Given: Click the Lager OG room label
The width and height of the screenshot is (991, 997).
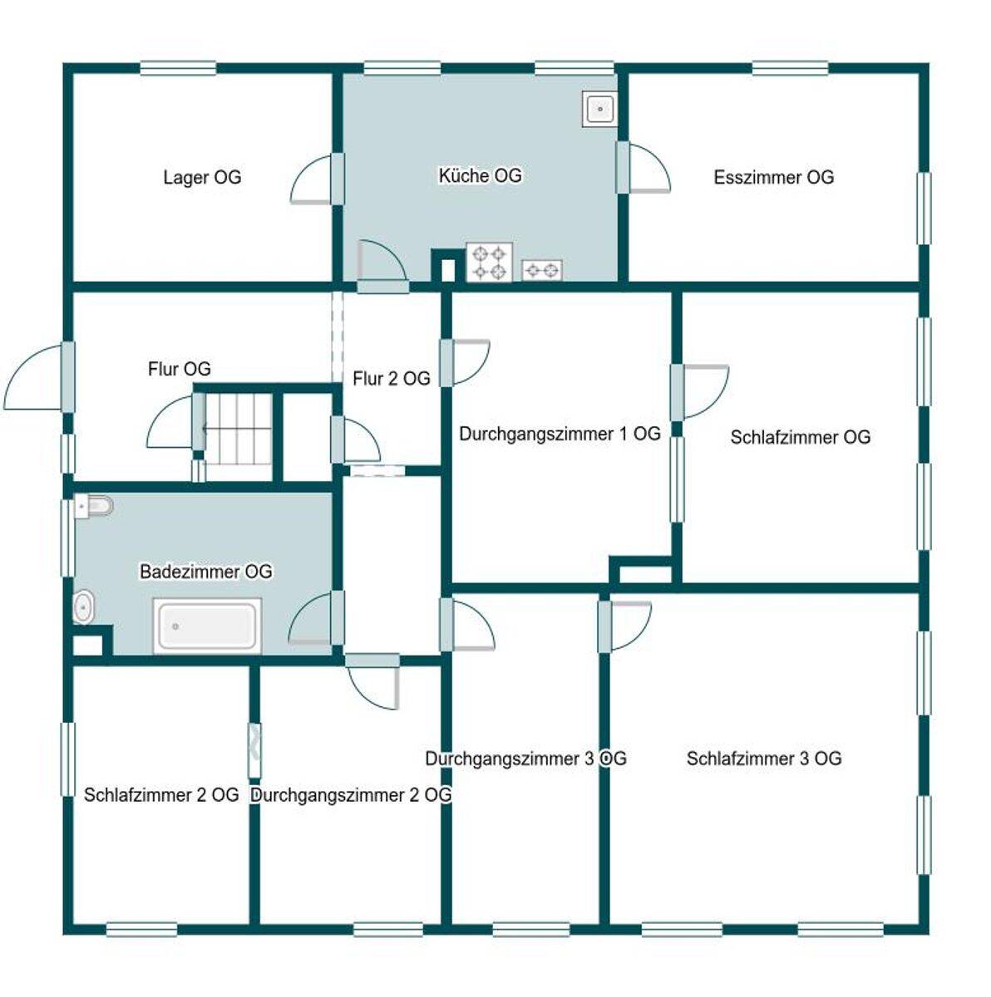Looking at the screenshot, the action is point(202,178).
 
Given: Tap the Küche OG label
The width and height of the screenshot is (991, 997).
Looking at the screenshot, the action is point(480,176).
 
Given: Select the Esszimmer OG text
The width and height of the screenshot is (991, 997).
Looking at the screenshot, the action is point(773,178).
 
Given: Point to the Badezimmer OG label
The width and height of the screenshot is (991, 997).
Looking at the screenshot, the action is point(205,572).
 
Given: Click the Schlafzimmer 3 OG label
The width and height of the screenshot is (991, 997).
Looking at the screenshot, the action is point(764,759).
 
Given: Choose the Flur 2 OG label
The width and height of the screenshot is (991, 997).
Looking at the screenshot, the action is point(391,379).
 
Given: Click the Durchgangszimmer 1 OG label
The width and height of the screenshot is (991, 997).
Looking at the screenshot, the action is point(560,434).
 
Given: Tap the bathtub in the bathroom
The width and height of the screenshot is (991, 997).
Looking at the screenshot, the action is point(207,626).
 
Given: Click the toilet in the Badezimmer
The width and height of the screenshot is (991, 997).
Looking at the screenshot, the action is point(94,505).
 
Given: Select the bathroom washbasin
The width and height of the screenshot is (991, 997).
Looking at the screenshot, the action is point(83,607).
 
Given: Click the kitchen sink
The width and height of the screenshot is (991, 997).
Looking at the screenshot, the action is point(599,109).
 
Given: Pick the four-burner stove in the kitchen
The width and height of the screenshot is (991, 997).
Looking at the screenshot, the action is point(490,263).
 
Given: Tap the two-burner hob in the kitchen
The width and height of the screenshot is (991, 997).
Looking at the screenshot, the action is point(542,270).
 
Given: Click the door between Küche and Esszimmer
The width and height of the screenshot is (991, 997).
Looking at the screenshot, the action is point(643,168).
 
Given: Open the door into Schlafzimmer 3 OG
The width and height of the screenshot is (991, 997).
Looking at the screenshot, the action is point(624,626).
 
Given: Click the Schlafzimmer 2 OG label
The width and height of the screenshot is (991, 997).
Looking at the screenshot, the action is point(161,795).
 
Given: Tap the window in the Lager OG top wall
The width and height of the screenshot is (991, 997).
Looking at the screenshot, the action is point(178,68).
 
